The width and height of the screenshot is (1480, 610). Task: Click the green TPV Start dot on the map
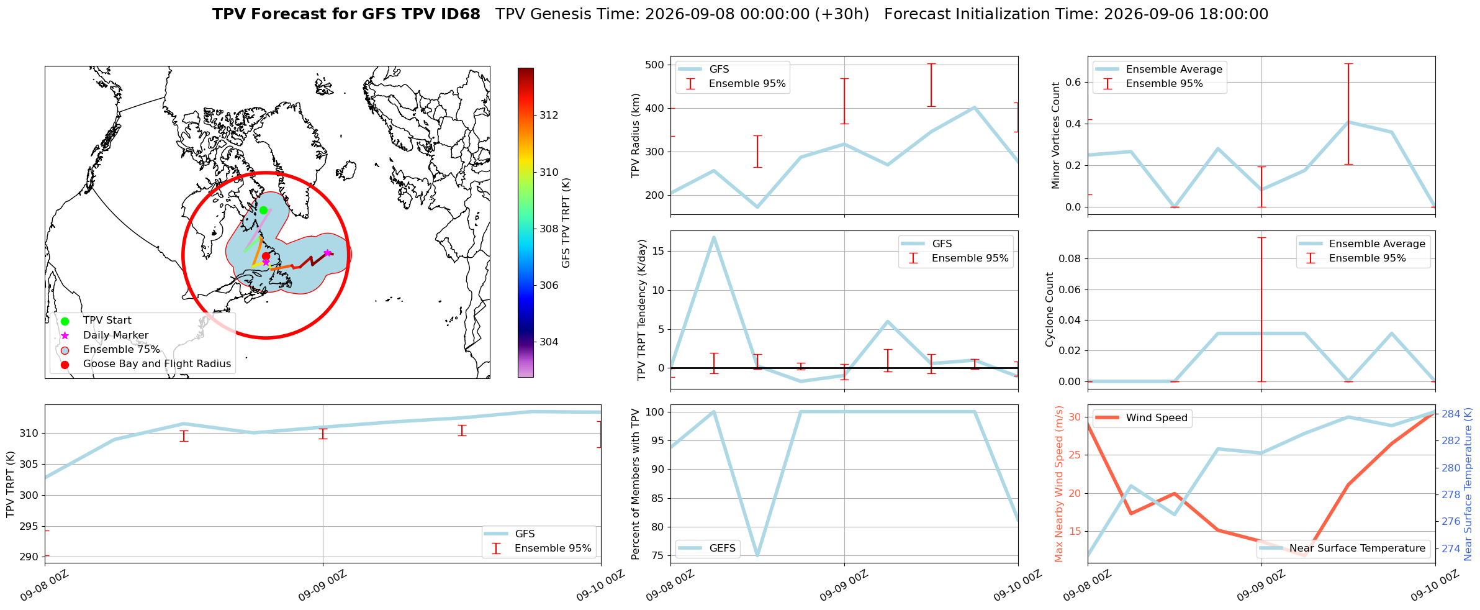click(263, 210)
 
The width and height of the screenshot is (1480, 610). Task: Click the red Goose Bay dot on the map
click(266, 256)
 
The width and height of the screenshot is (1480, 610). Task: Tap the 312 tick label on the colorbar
click(549, 115)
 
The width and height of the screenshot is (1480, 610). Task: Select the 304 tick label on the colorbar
click(549, 342)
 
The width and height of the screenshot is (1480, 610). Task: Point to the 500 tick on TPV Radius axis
click(654, 65)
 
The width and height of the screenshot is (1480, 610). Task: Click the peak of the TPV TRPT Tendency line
click(714, 237)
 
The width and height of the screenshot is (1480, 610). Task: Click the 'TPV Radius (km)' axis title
click(636, 135)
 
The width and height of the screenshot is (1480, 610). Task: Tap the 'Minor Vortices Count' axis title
click(1056, 135)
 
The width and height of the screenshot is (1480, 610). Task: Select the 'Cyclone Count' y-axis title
click(1050, 309)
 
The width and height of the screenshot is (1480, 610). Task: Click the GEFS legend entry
click(708, 549)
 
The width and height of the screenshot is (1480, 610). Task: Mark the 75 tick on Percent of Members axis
click(657, 555)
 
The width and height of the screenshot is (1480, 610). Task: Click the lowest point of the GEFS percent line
click(757, 555)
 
